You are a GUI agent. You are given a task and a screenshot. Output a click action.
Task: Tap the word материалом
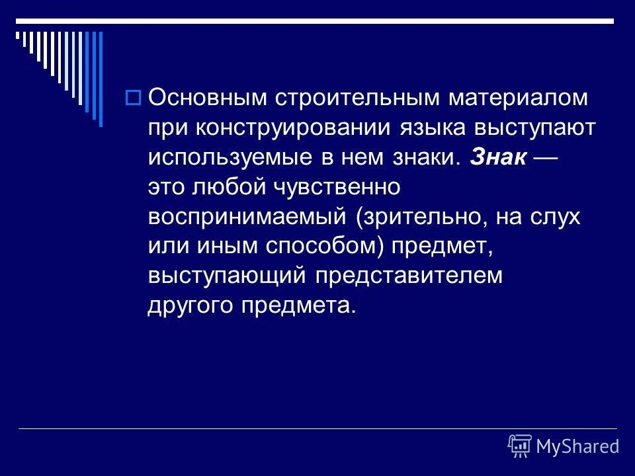[x=519, y=99]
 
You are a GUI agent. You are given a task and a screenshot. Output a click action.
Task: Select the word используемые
[x=214, y=157]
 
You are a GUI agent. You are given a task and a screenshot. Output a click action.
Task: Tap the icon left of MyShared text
[x=520, y=446]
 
